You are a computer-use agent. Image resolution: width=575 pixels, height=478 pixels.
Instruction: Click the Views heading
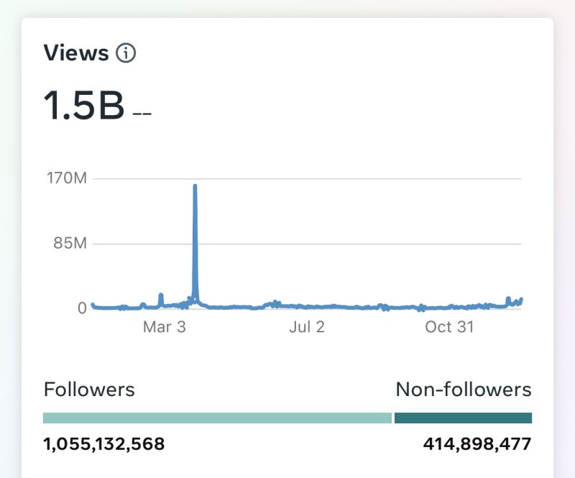(x=76, y=52)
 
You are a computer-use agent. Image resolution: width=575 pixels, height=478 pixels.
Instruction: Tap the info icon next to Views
(x=126, y=52)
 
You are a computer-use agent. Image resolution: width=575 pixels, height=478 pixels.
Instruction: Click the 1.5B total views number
(x=84, y=106)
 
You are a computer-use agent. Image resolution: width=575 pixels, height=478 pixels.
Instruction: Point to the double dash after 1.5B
(x=142, y=114)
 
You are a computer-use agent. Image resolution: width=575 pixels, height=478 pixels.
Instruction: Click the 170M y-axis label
(x=65, y=178)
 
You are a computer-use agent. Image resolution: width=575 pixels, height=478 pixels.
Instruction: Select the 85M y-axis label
(x=70, y=243)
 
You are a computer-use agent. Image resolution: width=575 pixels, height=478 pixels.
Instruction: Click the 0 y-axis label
(x=82, y=308)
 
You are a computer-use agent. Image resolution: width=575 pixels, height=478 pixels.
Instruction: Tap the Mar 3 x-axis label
(x=164, y=327)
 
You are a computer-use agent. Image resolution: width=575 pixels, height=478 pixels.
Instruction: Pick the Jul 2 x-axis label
(x=307, y=327)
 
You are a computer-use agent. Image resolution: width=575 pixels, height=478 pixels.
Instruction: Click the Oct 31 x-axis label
(x=449, y=327)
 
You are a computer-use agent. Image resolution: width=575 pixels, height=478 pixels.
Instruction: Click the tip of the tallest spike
(x=195, y=186)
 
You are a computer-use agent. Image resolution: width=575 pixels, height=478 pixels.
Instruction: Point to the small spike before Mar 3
(x=161, y=295)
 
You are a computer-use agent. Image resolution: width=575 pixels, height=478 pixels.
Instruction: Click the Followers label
(x=89, y=390)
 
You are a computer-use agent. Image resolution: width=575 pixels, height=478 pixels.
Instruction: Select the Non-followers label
(x=464, y=390)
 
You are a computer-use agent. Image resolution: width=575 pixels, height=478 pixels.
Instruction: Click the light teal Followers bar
(x=217, y=418)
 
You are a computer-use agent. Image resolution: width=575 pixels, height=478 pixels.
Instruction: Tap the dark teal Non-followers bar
(x=463, y=418)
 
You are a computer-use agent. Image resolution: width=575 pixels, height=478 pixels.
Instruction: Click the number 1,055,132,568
(x=104, y=444)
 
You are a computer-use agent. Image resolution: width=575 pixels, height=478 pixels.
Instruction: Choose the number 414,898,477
(x=477, y=444)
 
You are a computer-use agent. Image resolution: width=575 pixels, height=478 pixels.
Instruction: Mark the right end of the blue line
(x=521, y=299)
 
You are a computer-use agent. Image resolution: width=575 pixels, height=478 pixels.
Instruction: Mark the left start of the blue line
(x=93, y=305)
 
